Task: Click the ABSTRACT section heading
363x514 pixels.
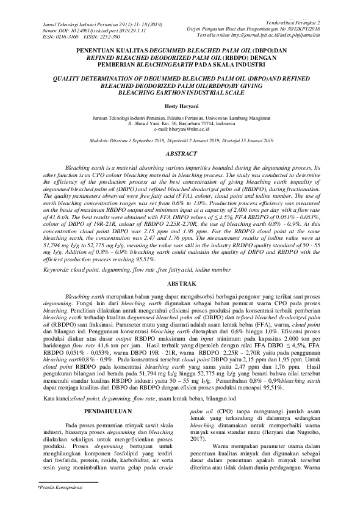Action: (x=181, y=155)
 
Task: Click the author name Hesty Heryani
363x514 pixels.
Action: (x=181, y=106)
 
